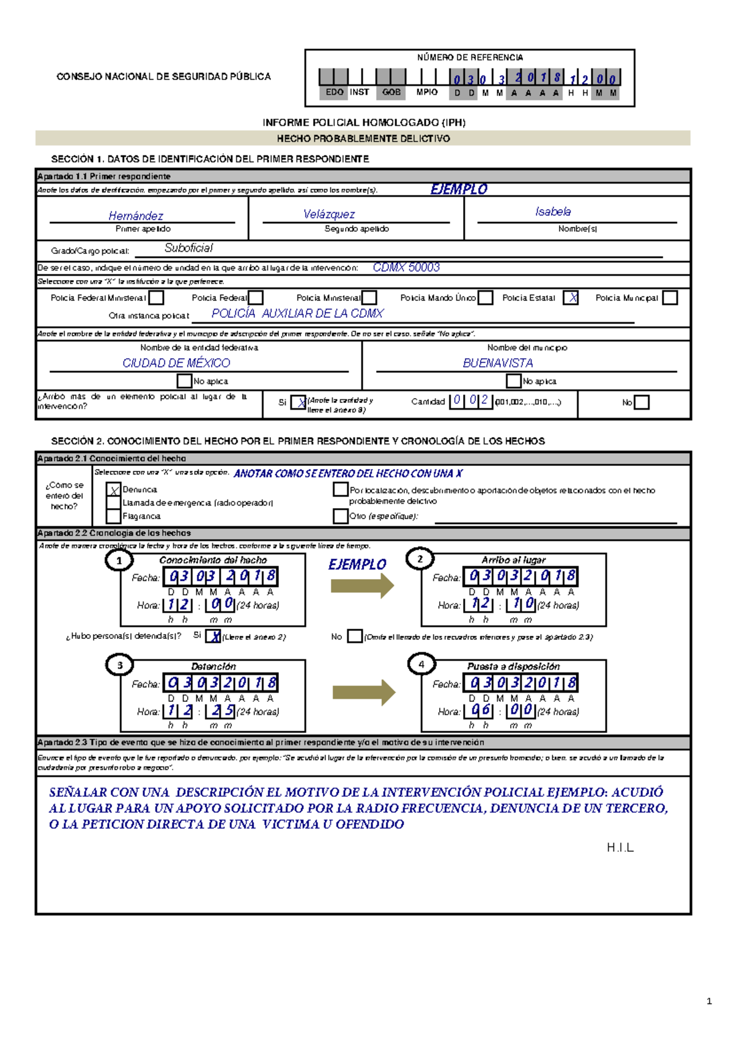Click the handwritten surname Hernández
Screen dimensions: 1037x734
click(136, 216)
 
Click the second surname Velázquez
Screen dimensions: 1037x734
click(329, 214)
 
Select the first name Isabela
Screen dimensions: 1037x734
click(553, 212)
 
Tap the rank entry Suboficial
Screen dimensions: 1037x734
click(188, 248)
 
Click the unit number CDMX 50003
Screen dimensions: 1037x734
click(406, 267)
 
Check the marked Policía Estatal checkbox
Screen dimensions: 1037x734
click(571, 298)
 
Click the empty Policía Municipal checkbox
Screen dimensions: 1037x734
click(670, 298)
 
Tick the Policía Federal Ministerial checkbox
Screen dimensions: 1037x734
click(157, 298)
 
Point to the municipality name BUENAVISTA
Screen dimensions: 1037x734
click(498, 363)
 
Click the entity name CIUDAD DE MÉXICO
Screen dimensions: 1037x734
click(176, 363)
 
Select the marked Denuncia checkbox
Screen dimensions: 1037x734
click(114, 490)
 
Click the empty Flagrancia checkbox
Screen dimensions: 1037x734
click(113, 516)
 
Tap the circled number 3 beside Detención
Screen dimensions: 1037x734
click(120, 665)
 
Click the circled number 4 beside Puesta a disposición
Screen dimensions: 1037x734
click(421, 664)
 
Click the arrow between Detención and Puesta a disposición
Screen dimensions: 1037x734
click(363, 693)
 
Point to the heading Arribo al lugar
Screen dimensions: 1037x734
click(513, 559)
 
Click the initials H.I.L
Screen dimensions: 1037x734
click(620, 847)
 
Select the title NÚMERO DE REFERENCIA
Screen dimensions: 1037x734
click(470, 57)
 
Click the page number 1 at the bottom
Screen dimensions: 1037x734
click(709, 1002)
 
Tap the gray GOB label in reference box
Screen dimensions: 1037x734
click(391, 92)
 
